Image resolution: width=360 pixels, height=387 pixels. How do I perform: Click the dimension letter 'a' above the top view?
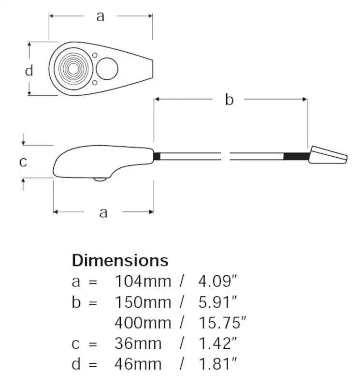[100, 16]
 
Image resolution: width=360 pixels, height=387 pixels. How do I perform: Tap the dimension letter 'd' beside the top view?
[29, 71]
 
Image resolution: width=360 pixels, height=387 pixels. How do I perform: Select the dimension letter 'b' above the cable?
[229, 100]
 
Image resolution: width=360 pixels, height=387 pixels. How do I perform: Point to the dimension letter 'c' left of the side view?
[23, 162]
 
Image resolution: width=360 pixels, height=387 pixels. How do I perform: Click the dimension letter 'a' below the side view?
[103, 212]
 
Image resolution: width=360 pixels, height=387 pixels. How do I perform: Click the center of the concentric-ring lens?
[72, 69]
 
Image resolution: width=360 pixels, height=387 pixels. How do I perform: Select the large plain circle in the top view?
[107, 69]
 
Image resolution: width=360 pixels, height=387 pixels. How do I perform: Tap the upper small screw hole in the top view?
[95, 55]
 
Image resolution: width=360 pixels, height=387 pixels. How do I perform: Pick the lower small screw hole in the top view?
[95, 83]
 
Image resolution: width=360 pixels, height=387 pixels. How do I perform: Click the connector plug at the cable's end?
[328, 155]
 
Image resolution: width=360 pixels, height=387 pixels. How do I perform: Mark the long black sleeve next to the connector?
[296, 156]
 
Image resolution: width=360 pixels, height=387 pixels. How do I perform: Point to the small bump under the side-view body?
[100, 179]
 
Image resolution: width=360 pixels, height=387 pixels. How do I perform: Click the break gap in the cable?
[226, 156]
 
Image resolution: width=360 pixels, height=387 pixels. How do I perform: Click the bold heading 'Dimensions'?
[120, 260]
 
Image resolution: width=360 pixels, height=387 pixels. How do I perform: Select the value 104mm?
[143, 281]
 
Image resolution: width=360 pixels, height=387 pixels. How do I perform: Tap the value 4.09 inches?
[217, 281]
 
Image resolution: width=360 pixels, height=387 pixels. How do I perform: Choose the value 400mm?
[143, 322]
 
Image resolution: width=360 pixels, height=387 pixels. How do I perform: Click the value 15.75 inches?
[223, 322]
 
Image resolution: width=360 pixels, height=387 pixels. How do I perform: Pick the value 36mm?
[138, 343]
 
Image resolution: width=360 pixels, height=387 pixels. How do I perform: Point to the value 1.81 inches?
[217, 363]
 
